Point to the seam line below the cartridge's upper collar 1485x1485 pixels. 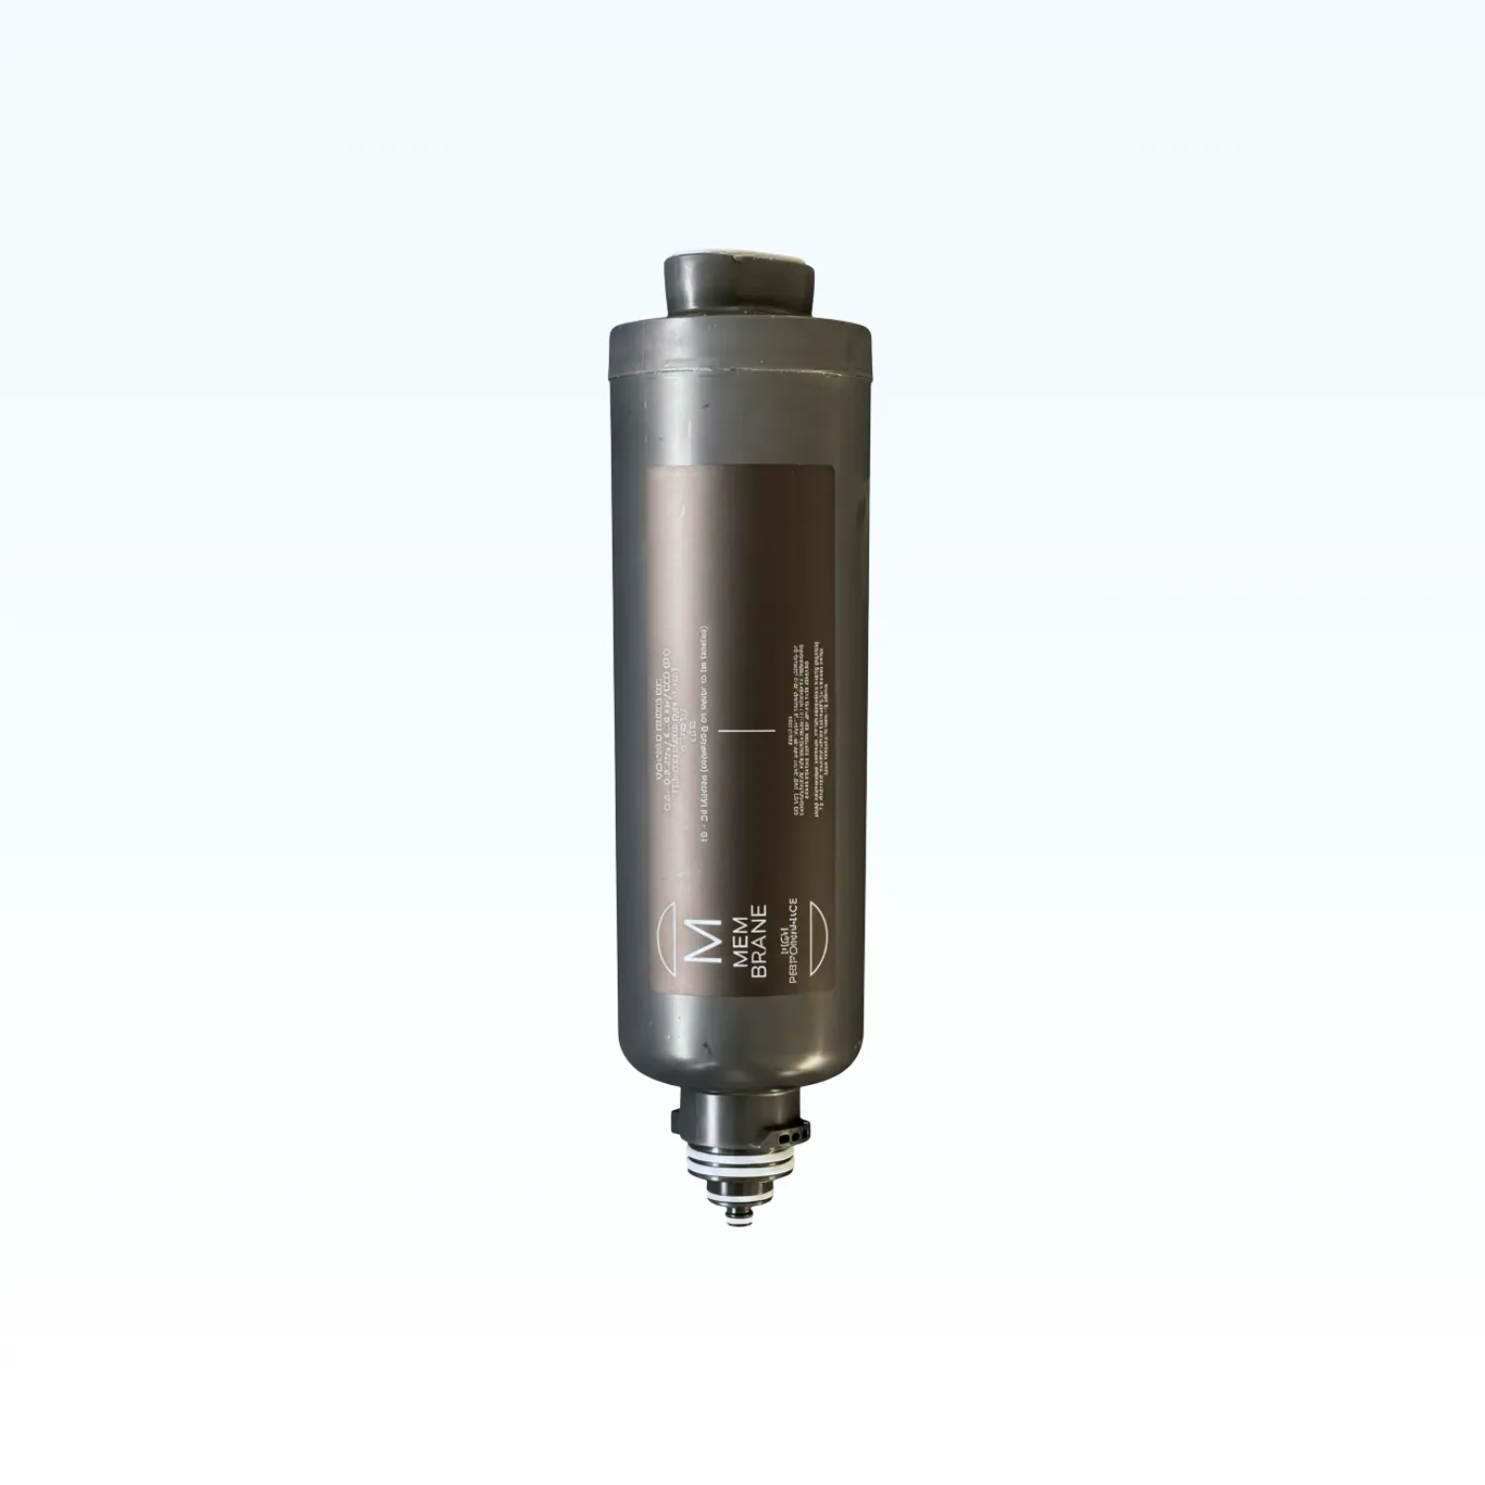740,375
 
